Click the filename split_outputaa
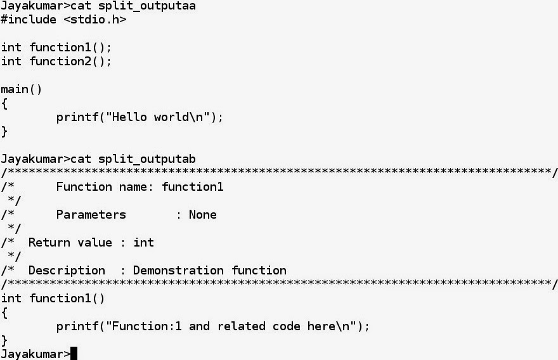tap(147, 6)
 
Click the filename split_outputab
tap(147, 159)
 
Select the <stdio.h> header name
tap(95, 20)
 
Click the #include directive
tap(29, 20)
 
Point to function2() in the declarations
tap(70, 61)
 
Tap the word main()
tap(22, 89)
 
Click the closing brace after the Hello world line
tap(4, 132)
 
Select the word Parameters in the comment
tap(91, 215)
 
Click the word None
tap(203, 215)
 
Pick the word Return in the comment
tap(49, 243)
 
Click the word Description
tap(67, 271)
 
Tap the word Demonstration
tap(178, 271)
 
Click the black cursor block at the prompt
tap(74, 354)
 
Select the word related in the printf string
tap(242, 326)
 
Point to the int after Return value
tap(144, 243)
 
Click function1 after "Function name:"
tap(193, 187)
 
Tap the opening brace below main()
tap(4, 104)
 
